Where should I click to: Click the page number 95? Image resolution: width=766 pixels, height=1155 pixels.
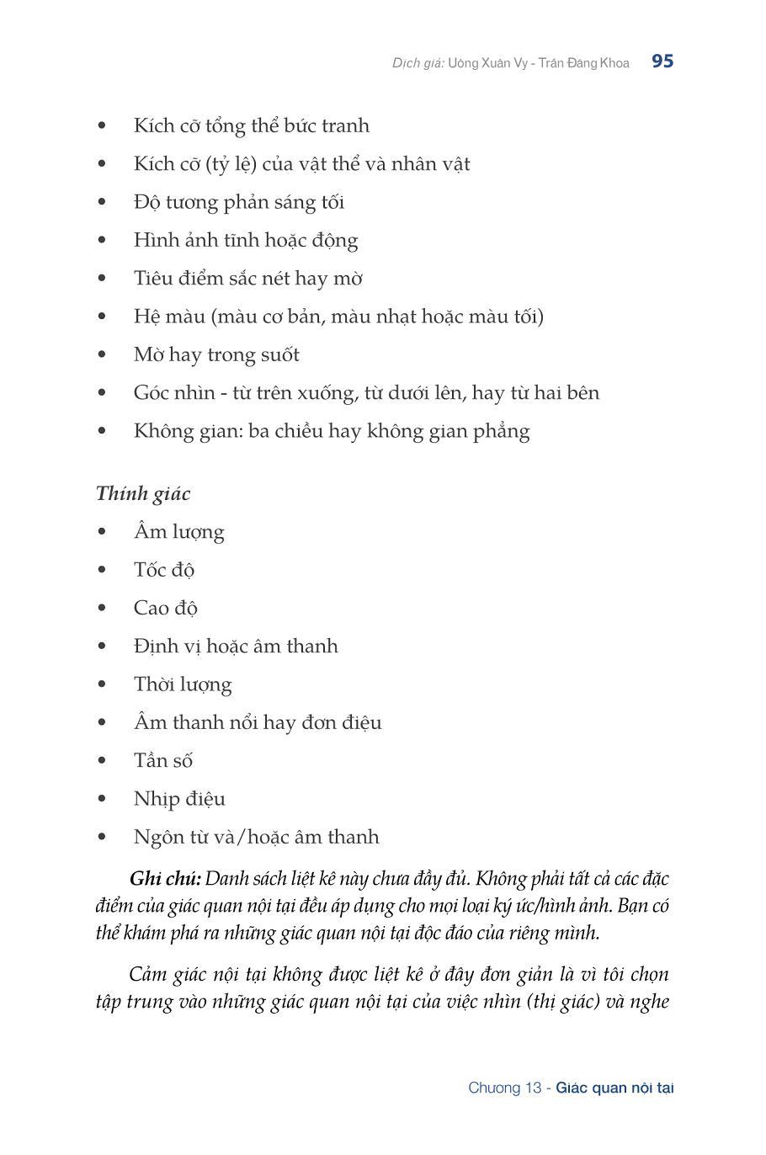(662, 61)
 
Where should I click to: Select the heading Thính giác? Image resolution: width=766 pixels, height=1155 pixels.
(143, 493)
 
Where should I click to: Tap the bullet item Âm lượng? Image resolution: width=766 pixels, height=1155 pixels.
(178, 532)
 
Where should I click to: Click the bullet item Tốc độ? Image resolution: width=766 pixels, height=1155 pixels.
(164, 570)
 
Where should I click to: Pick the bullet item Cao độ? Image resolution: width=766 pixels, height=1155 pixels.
(165, 608)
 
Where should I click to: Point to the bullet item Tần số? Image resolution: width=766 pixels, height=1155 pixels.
(163, 760)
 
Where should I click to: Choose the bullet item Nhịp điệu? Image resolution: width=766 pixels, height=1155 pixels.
(179, 799)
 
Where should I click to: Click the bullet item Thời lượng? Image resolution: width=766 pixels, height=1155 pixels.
(183, 684)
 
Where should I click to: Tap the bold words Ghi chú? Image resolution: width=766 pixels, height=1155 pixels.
(165, 879)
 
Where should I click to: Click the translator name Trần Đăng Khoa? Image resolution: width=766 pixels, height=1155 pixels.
(590, 63)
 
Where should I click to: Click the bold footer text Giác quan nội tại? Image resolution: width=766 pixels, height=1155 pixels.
(614, 1088)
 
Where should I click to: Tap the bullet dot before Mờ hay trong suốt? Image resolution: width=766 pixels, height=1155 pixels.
(103, 355)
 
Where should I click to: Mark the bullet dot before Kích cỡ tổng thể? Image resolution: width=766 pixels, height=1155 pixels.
(103, 126)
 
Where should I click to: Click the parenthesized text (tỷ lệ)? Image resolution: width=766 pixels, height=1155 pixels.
(229, 164)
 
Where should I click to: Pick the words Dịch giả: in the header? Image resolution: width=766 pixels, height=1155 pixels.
(418, 63)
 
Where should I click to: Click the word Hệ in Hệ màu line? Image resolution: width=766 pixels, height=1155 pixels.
(146, 317)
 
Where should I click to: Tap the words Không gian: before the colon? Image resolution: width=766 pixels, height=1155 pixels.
(187, 431)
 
